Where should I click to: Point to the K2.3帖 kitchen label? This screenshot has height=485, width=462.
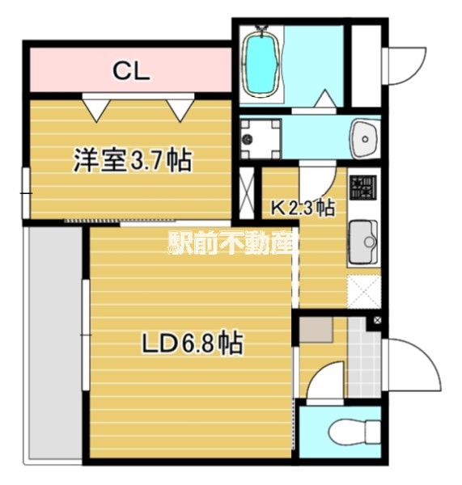(302, 208)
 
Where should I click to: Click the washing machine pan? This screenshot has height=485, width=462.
(261, 138)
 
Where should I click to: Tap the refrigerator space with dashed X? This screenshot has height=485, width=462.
(362, 291)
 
